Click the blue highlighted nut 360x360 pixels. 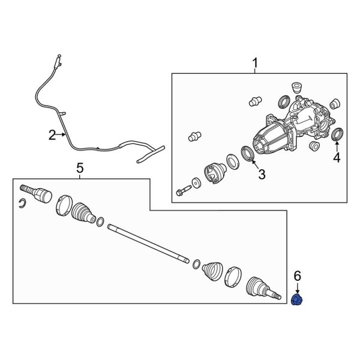297,300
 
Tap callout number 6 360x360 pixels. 298,276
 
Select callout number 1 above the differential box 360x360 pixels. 255,63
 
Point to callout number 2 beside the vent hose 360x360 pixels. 52,135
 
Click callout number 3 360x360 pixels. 262,174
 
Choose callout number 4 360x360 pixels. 337,157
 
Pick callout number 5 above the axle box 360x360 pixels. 80,168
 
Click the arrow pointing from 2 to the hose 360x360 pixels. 61,135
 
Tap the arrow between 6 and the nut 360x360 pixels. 298,288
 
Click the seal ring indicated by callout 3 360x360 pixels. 247,153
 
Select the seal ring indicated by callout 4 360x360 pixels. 338,134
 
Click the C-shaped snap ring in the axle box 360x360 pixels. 22,203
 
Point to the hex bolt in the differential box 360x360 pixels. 184,190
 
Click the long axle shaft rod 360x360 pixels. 148,244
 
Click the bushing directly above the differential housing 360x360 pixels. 297,88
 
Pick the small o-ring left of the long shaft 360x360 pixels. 100,222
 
